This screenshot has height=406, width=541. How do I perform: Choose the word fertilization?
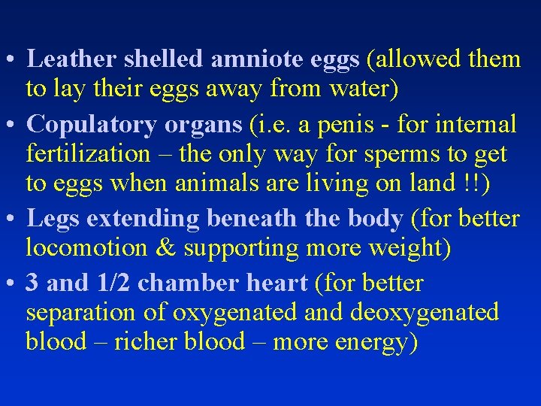pos(89,153)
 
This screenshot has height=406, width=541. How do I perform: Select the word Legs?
pos(53,219)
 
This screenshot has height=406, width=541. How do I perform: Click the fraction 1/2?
pos(111,283)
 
